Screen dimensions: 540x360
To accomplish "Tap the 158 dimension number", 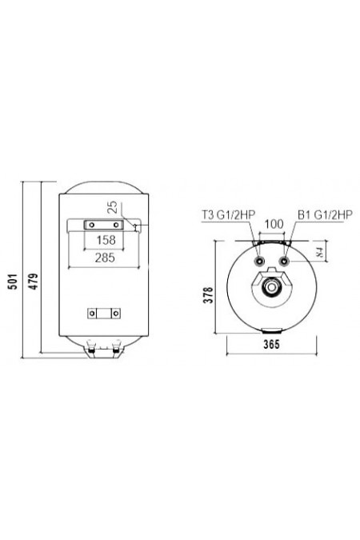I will (104, 240).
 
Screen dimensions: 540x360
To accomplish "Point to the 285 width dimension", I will (104, 258).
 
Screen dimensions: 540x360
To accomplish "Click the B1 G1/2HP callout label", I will (324, 214).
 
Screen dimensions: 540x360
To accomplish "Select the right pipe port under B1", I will (286, 261).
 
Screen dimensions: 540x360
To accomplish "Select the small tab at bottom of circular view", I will (273, 330).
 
